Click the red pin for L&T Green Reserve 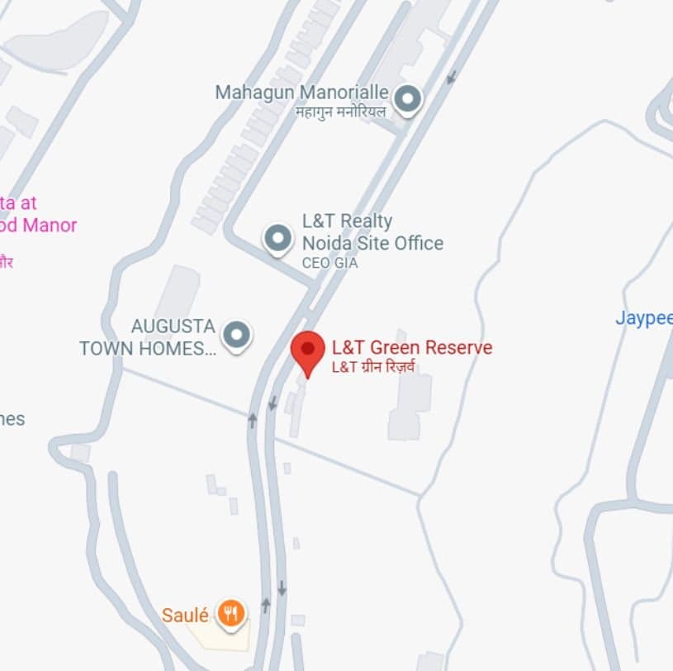point(308,351)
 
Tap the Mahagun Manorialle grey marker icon point(406,100)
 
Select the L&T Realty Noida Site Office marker point(278,239)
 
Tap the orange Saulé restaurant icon point(230,613)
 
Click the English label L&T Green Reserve point(411,347)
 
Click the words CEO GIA point(330,264)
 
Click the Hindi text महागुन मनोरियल point(340,112)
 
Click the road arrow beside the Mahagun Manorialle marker point(451,78)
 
